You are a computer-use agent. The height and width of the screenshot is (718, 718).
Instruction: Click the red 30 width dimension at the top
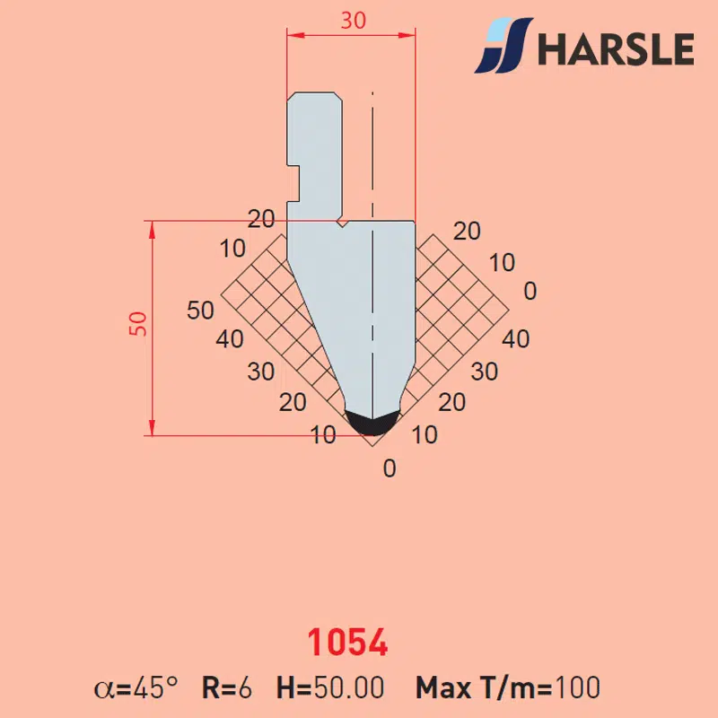[x=353, y=21]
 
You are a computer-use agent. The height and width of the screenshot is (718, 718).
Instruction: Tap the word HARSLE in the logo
[x=616, y=48]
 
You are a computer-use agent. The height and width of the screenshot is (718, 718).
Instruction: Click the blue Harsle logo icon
[x=503, y=46]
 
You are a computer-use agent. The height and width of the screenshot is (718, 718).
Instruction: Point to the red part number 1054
[x=347, y=642]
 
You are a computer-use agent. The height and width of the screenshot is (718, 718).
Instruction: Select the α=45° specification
[x=136, y=687]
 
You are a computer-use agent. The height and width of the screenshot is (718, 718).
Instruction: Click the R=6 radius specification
[x=227, y=687]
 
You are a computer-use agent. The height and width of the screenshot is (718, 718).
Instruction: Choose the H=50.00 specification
[x=330, y=687]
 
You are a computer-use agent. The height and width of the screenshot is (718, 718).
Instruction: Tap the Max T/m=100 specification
[x=508, y=687]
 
